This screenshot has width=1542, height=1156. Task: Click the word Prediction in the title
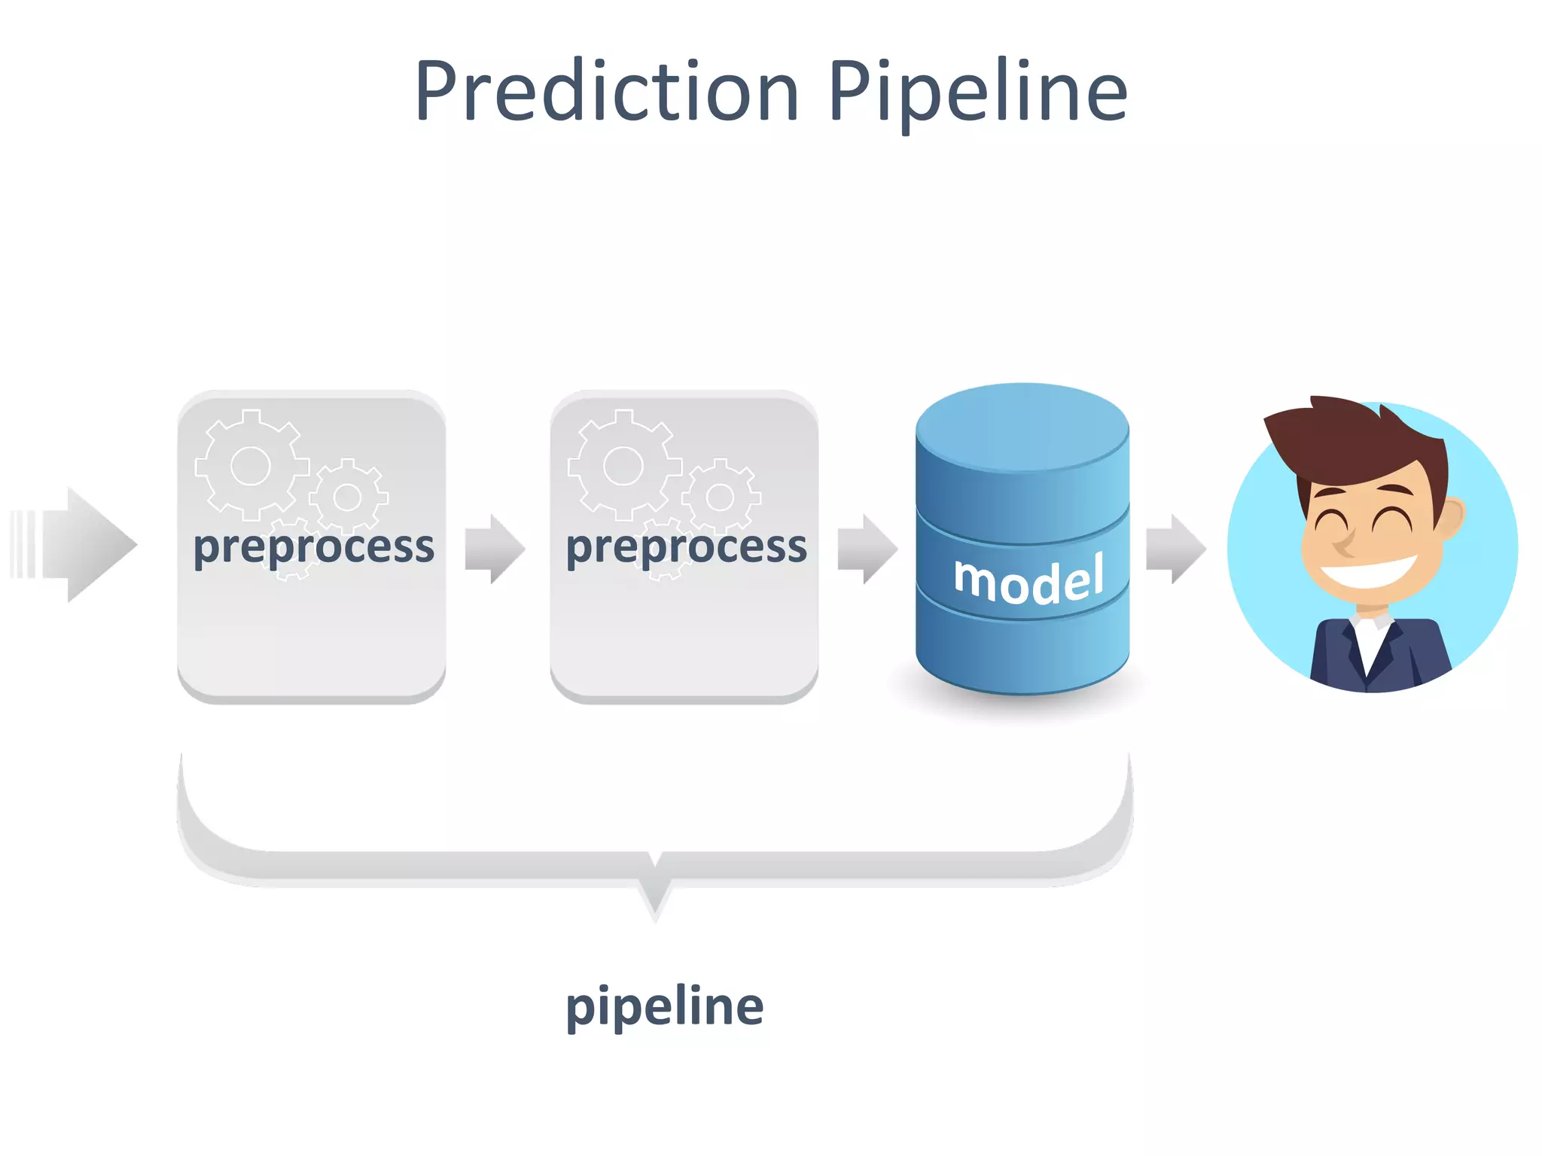(606, 92)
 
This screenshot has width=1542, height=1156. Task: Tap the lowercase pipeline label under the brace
(664, 1007)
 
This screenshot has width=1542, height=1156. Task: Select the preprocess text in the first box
(313, 546)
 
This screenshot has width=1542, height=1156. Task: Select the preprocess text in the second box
(686, 546)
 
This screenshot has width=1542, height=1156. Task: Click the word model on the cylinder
(1029, 580)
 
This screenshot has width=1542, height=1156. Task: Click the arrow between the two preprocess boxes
(495, 549)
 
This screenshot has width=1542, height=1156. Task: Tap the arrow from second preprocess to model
(867, 549)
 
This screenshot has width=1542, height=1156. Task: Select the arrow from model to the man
(1175, 549)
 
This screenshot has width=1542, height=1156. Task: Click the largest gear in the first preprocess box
(251, 466)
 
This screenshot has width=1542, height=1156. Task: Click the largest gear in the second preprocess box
(623, 466)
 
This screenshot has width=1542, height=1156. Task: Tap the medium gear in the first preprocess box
(347, 497)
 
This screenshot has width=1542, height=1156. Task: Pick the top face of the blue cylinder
(1022, 427)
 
